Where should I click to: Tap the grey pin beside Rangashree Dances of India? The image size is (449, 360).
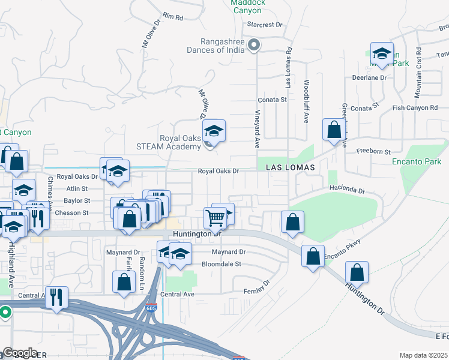pos(254,45)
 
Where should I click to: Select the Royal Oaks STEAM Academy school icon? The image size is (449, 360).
pos(212,130)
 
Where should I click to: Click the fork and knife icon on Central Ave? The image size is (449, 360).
pos(57,296)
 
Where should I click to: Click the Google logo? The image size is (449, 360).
pos(19,353)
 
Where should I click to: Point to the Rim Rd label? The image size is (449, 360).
pos(172,17)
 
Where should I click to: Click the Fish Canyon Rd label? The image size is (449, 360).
pos(415,108)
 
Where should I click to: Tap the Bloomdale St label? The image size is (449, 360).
pos(221,263)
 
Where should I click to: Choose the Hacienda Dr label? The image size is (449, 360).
pos(347,190)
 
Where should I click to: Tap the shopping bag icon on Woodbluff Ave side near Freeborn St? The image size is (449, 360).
pos(333,129)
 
